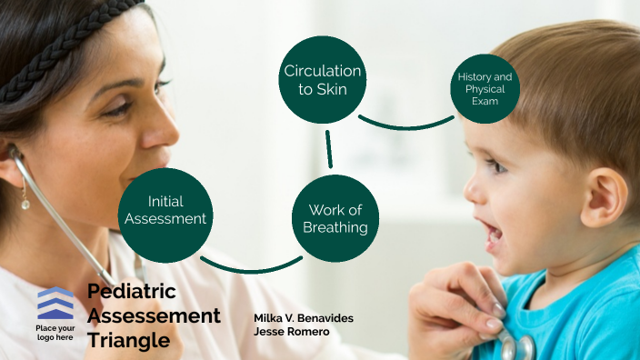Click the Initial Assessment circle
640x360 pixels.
pyautogui.click(x=165, y=208)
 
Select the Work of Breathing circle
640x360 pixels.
pyautogui.click(x=336, y=218)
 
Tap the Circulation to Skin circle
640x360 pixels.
pyautogui.click(x=322, y=79)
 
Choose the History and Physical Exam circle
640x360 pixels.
pyautogui.click(x=485, y=88)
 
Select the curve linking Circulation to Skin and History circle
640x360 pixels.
pyautogui.click(x=405, y=125)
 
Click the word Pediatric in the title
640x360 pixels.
pyautogui.click(x=132, y=292)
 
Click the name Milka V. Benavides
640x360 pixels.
pyautogui.click(x=304, y=317)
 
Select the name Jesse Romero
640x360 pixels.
pyautogui.click(x=291, y=331)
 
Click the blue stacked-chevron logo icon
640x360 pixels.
pyautogui.click(x=55, y=303)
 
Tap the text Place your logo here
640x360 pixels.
pyautogui.click(x=55, y=332)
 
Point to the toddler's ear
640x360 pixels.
pyautogui.click(x=602, y=196)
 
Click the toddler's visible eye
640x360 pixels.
pyautogui.click(x=496, y=165)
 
